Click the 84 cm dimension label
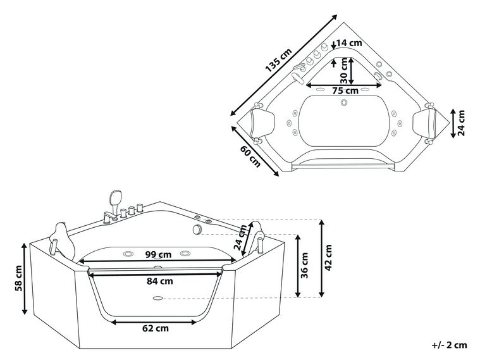[156, 282]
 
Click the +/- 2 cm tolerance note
[449, 345]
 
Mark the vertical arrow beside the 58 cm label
[25, 278]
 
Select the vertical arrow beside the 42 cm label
[323, 258]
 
